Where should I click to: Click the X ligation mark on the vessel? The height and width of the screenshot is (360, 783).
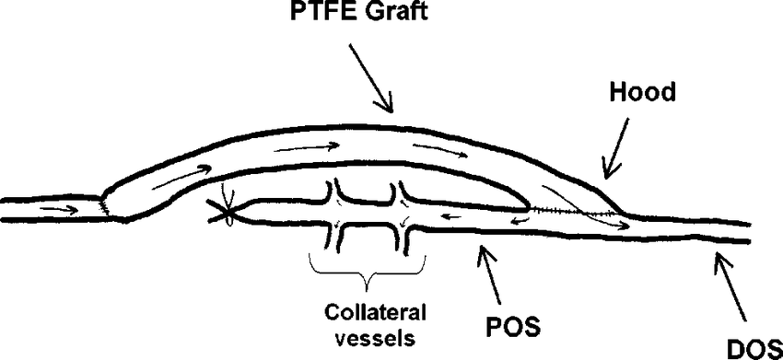coord(224,215)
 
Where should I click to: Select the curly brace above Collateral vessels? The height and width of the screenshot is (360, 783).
coord(367,268)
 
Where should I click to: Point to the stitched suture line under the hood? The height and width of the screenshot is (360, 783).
coord(571,213)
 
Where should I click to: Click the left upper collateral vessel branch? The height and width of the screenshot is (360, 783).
coord(337,193)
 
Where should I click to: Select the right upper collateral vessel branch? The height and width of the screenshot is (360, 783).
coord(402,193)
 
